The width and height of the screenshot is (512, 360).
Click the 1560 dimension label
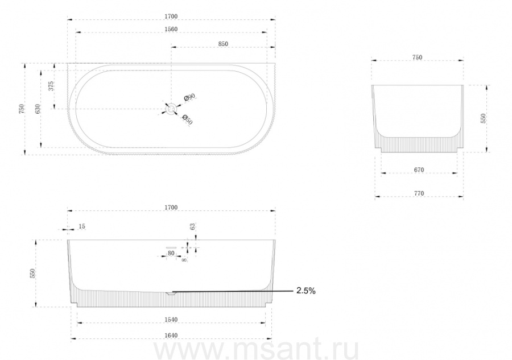click(171, 30)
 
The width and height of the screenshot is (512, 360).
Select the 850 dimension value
click(223, 44)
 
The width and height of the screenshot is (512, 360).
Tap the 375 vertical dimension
click(51, 86)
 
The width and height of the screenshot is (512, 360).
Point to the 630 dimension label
click(38, 109)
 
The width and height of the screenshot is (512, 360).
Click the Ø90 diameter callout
click(189, 97)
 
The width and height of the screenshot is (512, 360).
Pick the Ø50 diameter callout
click(187, 119)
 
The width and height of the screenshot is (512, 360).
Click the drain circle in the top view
click(171, 109)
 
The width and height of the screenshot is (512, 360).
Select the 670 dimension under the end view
click(419, 169)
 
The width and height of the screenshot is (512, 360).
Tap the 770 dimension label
click(419, 193)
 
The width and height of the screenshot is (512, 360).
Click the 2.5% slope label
click(306, 291)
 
